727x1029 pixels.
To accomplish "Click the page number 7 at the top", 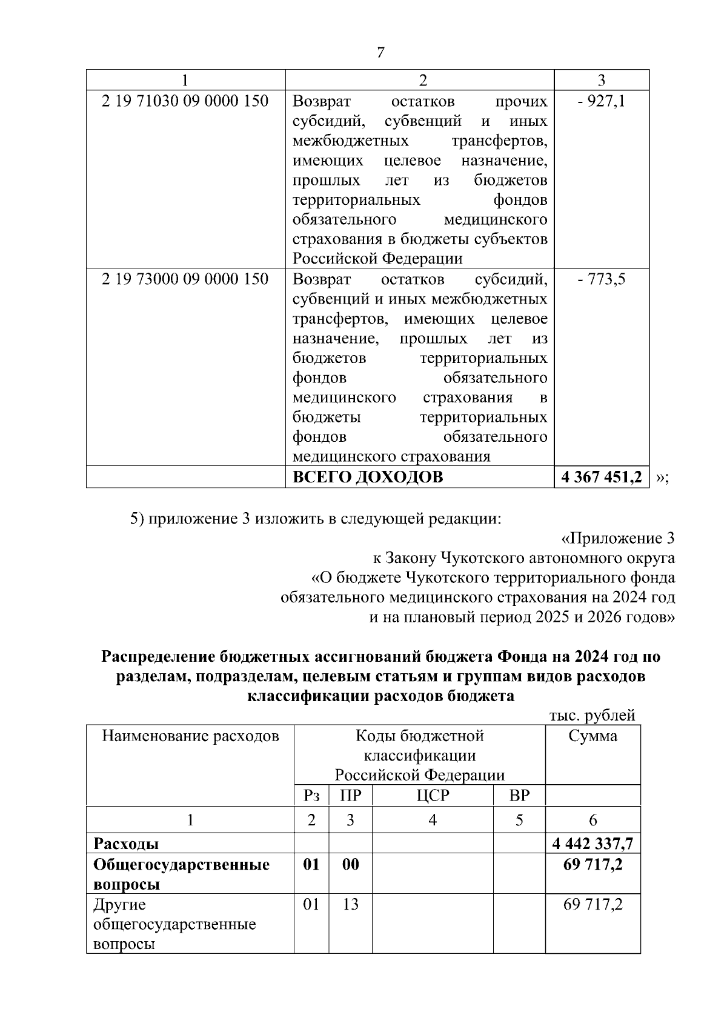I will (x=380, y=53).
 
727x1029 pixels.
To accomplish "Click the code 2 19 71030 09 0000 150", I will (x=185, y=101).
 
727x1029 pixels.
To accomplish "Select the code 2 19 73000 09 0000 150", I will (x=185, y=279).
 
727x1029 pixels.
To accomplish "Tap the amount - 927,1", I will (x=601, y=101).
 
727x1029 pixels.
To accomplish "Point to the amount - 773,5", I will (x=601, y=279).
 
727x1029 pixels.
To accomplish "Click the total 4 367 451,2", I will (x=601, y=478).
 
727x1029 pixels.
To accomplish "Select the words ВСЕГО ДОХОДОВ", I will (x=368, y=478).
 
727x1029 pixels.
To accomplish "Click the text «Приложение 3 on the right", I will (x=618, y=539).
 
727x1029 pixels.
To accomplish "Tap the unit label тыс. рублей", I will (x=592, y=716).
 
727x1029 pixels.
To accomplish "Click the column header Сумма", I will (x=593, y=736).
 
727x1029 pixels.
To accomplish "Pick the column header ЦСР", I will (x=433, y=795).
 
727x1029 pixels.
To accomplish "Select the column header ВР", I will (x=519, y=795).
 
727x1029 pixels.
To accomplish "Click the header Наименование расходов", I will (x=190, y=736).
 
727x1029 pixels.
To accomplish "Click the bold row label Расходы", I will (x=126, y=844).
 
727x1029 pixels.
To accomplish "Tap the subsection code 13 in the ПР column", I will (x=350, y=905).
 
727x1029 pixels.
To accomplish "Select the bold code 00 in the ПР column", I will (x=350, y=864).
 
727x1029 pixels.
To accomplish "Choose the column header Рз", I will (x=311, y=795).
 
